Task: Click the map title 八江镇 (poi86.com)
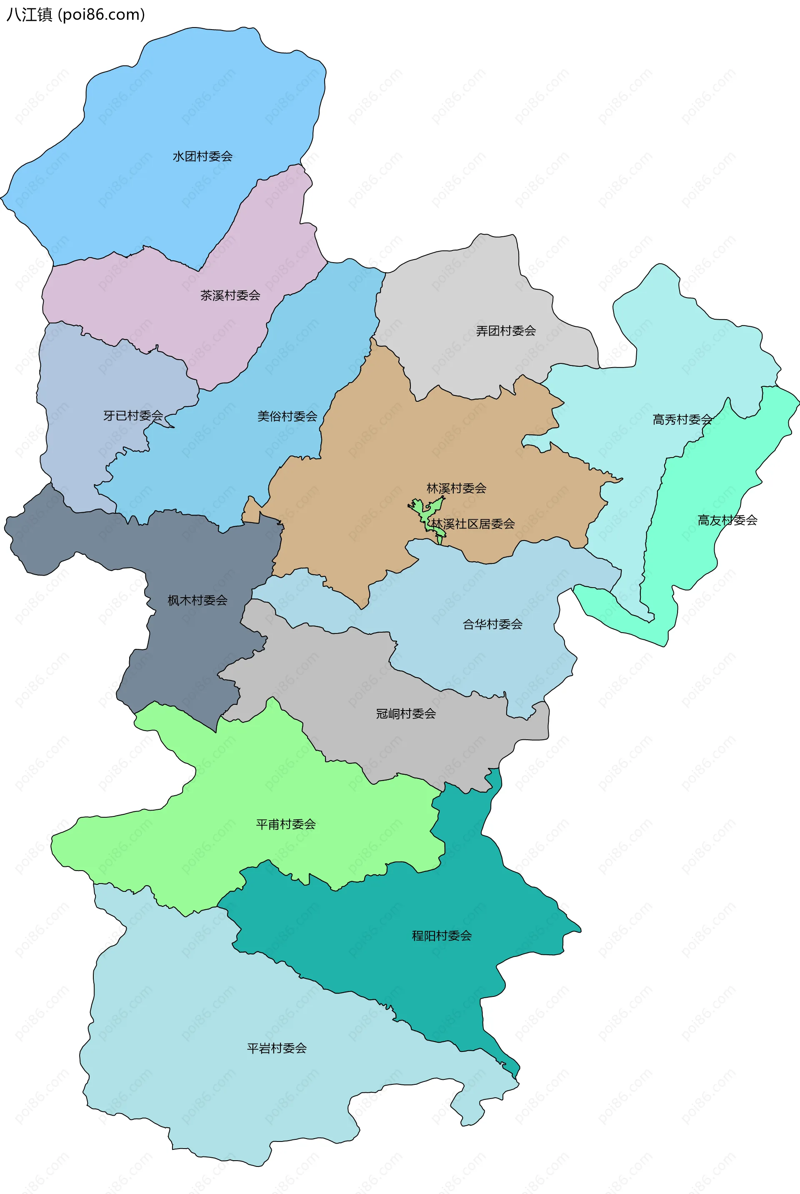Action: [x=75, y=15]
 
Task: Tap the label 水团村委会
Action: [x=202, y=157]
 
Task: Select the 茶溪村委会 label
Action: [x=230, y=295]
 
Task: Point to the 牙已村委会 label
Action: [x=133, y=416]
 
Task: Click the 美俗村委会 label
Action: [x=287, y=416]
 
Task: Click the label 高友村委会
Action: [x=727, y=521]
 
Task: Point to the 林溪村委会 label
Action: [x=456, y=488]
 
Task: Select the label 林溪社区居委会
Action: [x=473, y=524]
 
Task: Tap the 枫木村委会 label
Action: [x=197, y=601]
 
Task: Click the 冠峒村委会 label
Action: [x=405, y=714]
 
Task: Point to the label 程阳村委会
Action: [x=442, y=936]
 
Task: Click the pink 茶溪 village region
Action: [x=153, y=306]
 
